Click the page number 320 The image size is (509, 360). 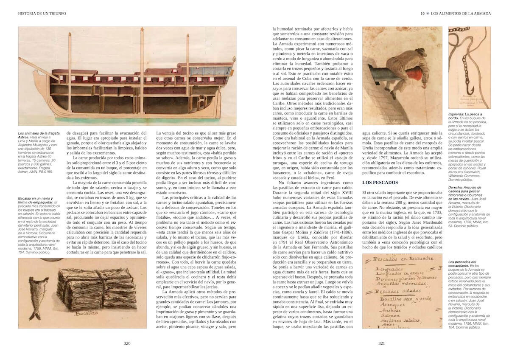127,344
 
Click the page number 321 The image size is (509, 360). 381,344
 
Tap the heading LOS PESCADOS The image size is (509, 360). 380,183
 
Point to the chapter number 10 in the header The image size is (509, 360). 422,14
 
